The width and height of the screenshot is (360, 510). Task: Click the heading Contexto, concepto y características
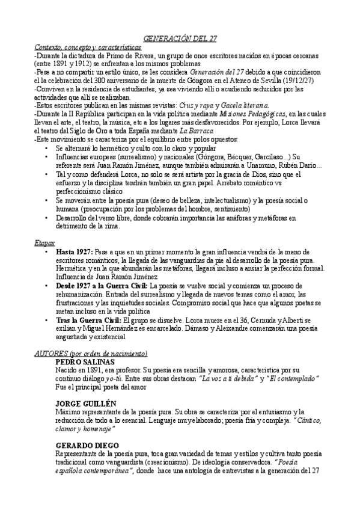(x=88, y=47)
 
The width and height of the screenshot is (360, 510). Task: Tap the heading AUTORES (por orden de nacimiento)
(x=91, y=353)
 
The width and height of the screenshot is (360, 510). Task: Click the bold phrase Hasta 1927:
(x=73, y=250)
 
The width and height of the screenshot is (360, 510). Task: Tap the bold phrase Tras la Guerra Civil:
(x=88, y=321)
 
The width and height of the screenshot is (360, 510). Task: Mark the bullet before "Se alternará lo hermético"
(x=47, y=147)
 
